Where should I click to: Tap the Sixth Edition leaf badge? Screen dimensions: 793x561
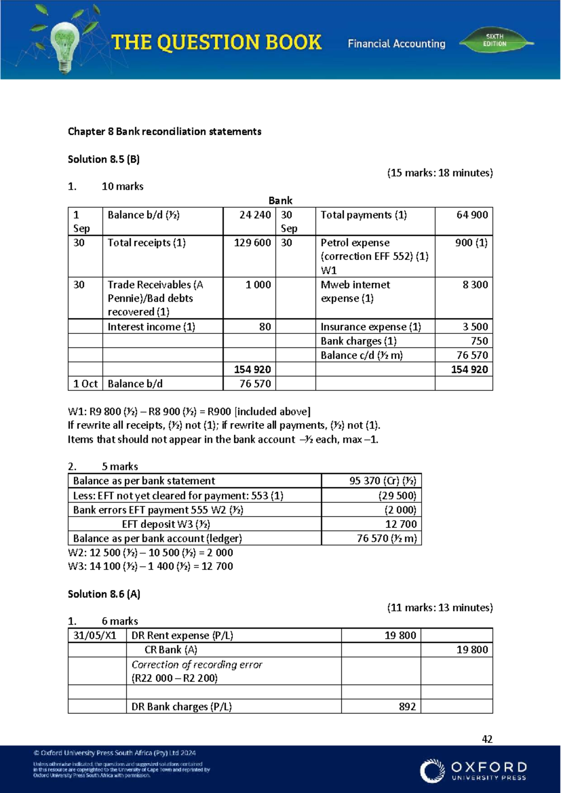click(x=496, y=41)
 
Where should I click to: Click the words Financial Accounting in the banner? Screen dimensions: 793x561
click(x=396, y=43)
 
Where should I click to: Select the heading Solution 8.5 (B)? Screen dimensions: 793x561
click(x=104, y=159)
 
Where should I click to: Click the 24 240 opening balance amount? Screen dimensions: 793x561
click(x=255, y=215)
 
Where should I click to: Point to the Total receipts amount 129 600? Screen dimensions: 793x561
click(x=252, y=243)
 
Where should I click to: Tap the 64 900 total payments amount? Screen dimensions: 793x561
click(x=472, y=215)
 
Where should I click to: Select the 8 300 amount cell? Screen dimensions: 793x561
click(x=475, y=285)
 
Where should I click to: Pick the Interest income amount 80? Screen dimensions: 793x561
click(x=265, y=327)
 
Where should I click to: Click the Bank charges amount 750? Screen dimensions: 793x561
click(x=479, y=341)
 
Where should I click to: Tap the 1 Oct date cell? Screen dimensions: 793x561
click(x=85, y=384)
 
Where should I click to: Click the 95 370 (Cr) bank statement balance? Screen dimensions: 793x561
click(x=382, y=481)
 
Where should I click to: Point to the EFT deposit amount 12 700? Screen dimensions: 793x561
click(x=401, y=524)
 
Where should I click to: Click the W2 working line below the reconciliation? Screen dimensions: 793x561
click(x=150, y=553)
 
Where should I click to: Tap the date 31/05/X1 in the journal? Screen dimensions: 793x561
click(x=95, y=635)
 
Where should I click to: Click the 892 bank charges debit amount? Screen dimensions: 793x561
click(x=407, y=706)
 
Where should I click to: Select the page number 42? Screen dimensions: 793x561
click(x=487, y=739)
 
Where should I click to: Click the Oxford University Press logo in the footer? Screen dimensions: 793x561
click(x=473, y=771)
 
